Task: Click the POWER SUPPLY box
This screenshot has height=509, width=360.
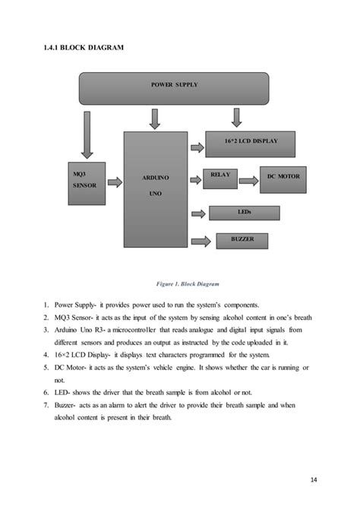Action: (174, 88)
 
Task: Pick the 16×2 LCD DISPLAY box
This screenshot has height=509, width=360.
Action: (251, 143)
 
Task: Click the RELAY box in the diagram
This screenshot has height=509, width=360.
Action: (219, 176)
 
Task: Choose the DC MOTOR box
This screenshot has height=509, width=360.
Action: (283, 176)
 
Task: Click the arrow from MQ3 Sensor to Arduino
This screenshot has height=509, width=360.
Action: (115, 182)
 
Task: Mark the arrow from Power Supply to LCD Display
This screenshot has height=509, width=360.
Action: (235, 117)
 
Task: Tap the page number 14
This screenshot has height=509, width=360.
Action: (313, 479)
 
